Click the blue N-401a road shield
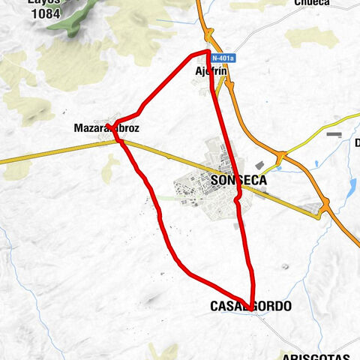click(x=223, y=58)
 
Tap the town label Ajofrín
click(x=211, y=70)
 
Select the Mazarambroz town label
click(x=106, y=128)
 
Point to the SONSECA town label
click(x=239, y=181)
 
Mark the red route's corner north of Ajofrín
click(x=208, y=52)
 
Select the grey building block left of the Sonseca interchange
click(x=259, y=165)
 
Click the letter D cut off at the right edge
click(x=357, y=142)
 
